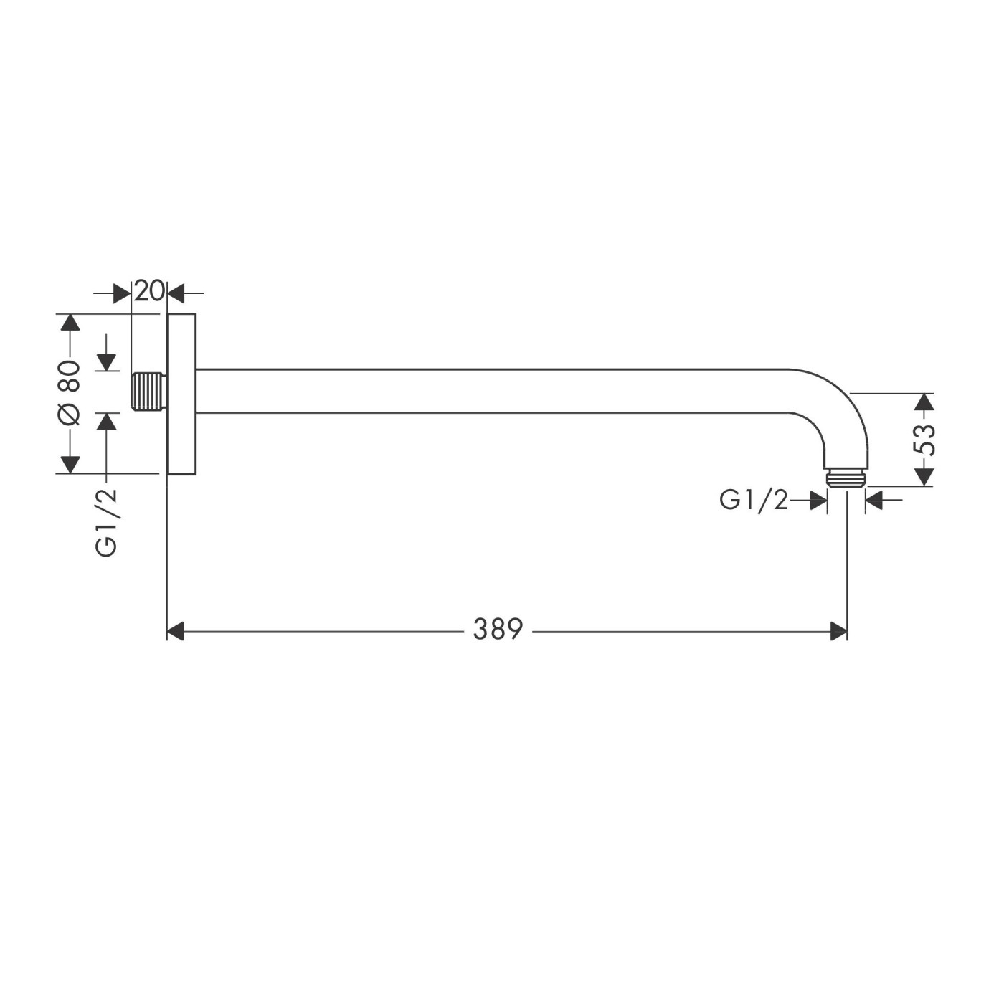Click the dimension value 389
498,630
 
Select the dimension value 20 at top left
149,291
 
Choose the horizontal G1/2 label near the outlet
753,500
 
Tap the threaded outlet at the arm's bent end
846,478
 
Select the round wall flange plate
181,394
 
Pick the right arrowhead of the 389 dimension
838,631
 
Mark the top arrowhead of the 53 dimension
925,402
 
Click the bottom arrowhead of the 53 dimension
925,477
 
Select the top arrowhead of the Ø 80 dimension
70,323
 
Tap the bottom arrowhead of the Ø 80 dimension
70,464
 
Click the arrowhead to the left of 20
122,293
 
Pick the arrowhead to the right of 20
176,293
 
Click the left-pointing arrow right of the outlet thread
874,500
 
